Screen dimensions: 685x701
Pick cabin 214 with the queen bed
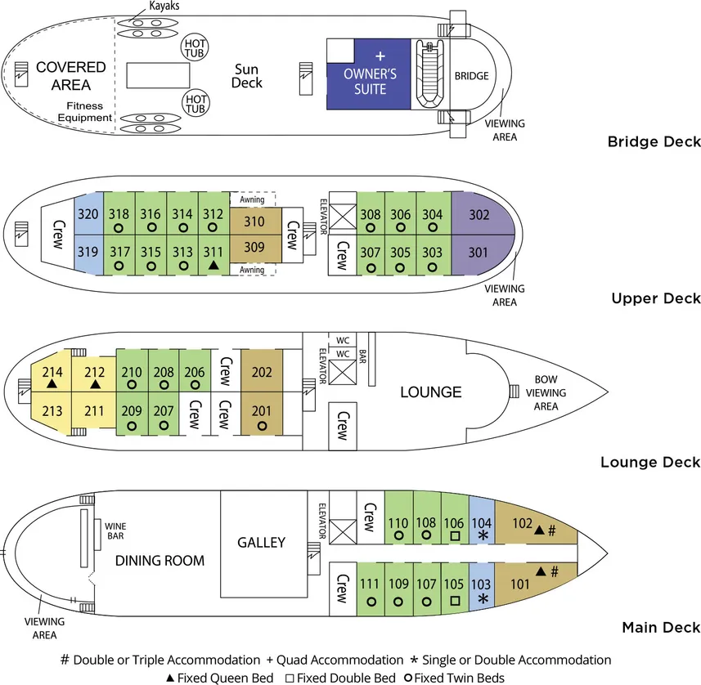(52, 372)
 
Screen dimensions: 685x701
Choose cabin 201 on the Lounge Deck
(262, 411)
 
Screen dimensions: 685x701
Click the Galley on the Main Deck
(261, 543)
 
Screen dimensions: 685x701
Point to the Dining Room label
(160, 561)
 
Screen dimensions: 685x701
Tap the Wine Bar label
(115, 531)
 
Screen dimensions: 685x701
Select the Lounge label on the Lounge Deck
(431, 392)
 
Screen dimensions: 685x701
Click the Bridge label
(472, 76)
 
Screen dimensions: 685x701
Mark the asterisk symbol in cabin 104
(483, 535)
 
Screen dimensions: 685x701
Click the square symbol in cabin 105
(455, 599)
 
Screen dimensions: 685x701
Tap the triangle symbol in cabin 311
(213, 266)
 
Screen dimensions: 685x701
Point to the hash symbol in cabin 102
(552, 530)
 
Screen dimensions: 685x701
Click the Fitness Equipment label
(84, 111)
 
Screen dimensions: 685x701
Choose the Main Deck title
(661, 627)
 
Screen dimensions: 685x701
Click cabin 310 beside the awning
(255, 221)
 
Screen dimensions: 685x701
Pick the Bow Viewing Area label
(546, 392)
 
